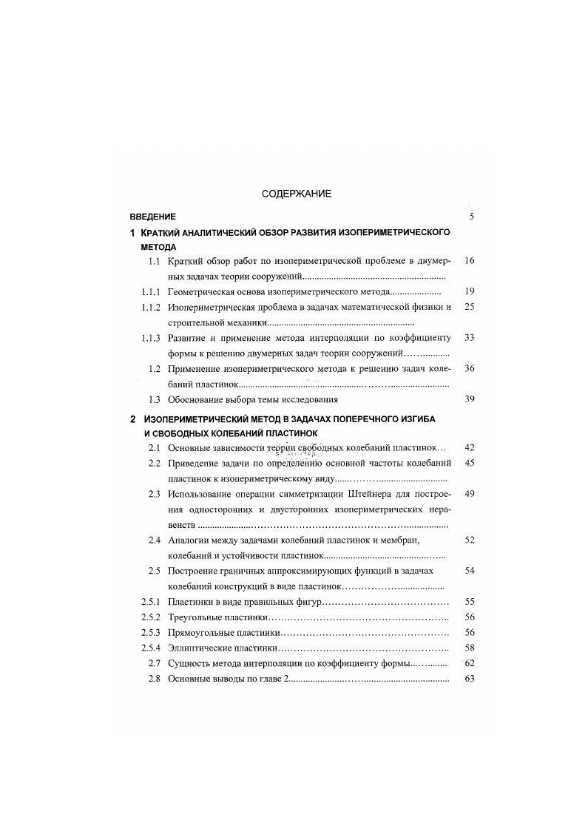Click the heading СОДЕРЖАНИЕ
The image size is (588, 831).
297,194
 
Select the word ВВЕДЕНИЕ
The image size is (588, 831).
152,217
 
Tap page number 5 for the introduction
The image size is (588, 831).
470,217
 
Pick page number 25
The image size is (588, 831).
469,307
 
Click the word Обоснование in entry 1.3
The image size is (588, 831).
195,400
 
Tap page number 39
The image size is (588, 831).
469,400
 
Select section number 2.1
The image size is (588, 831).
155,447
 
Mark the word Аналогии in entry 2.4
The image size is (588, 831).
189,540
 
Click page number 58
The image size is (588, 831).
469,648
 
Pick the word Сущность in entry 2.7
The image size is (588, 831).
190,664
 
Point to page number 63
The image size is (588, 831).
469,679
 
